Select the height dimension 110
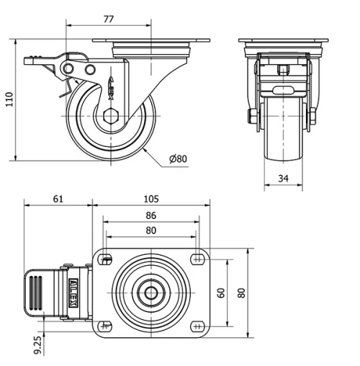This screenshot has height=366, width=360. (x=9, y=99)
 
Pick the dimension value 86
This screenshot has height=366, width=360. (x=150, y=215)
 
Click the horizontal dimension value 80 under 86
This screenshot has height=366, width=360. (x=150, y=231)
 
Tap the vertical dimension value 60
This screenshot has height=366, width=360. (x=221, y=293)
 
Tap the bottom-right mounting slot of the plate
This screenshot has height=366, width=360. (x=197, y=326)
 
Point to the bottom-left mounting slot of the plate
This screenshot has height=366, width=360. (x=106, y=326)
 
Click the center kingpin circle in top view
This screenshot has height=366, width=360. (x=151, y=293)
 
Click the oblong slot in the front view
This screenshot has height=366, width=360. (x=282, y=91)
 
